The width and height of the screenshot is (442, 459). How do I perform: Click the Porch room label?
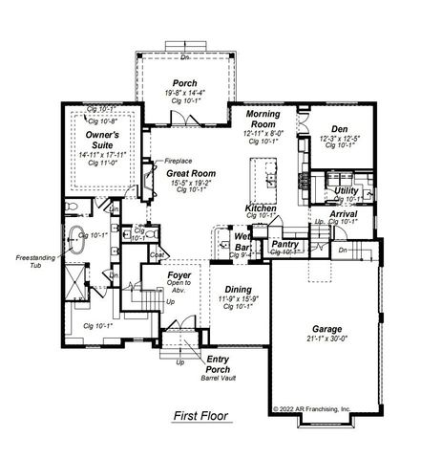click(x=183, y=83)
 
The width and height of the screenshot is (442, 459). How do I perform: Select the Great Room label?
click(x=191, y=173)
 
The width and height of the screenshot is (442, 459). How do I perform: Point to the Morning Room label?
click(x=263, y=120)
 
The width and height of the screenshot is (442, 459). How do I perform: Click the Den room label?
click(x=340, y=129)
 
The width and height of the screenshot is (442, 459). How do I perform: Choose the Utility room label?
click(x=347, y=191)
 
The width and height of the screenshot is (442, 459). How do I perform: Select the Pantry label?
click(x=285, y=244)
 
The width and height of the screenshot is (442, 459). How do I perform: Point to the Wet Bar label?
click(x=242, y=241)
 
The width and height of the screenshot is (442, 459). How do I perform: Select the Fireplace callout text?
click(x=179, y=160)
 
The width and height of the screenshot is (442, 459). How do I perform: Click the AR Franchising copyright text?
click(x=311, y=408)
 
